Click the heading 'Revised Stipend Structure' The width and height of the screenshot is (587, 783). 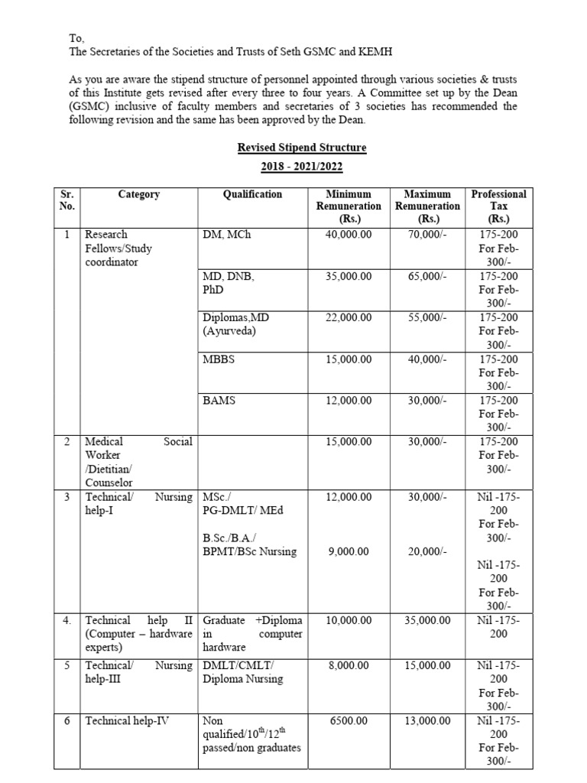coord(301,148)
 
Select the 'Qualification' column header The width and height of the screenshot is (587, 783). coord(252,194)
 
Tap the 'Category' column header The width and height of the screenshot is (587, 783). coord(139,194)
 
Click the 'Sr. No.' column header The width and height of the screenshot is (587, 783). coord(66,200)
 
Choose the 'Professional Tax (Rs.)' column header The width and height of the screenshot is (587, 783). coord(498,206)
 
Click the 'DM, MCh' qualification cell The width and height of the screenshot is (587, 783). coord(226,235)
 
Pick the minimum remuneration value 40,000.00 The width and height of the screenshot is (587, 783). coord(349,235)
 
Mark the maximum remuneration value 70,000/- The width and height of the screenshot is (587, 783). coord(427,235)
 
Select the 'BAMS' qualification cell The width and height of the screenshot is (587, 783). coord(219,400)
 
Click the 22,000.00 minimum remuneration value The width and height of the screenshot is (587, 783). coord(349,317)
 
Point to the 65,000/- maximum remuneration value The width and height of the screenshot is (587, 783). coord(427,276)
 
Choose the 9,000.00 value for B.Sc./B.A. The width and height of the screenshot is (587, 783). coord(349,551)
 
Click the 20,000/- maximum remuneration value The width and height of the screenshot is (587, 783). coord(427,551)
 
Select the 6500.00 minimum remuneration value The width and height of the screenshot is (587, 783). coord(349,720)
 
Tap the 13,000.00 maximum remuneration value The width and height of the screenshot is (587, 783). coord(427,720)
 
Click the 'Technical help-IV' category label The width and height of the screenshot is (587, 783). coord(125,720)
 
